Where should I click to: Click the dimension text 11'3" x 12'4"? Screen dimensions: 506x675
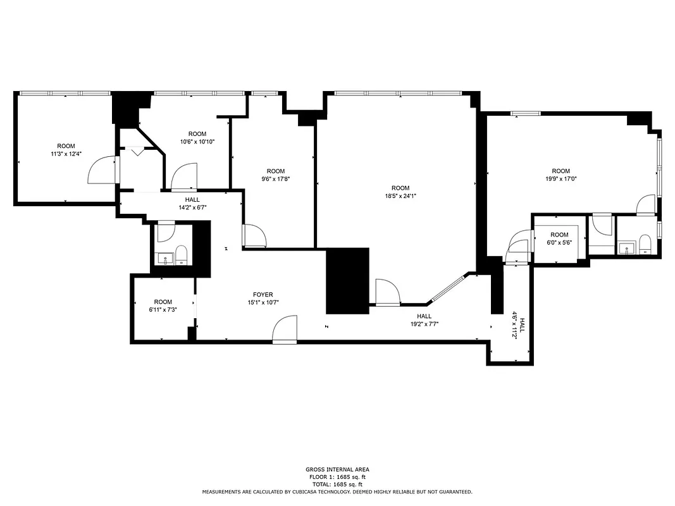pos(66,154)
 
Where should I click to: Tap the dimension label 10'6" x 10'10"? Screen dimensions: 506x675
pos(197,142)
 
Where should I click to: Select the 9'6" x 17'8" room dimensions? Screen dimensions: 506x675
pos(276,179)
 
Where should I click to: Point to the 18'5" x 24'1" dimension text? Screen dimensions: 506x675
pos(400,196)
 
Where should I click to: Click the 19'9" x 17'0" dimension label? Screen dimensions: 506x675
pos(560,179)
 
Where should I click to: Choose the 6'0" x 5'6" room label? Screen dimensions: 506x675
pos(559,242)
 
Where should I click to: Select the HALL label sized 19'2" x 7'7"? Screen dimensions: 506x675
pos(424,324)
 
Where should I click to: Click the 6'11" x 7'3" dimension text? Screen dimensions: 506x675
pos(163,309)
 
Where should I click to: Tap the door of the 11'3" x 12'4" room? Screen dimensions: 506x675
pos(101,170)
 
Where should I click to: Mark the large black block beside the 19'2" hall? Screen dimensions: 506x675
pos(347,281)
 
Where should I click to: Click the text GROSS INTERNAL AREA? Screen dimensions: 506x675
pos(337,469)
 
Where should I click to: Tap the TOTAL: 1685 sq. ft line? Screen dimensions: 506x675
pos(337,484)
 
